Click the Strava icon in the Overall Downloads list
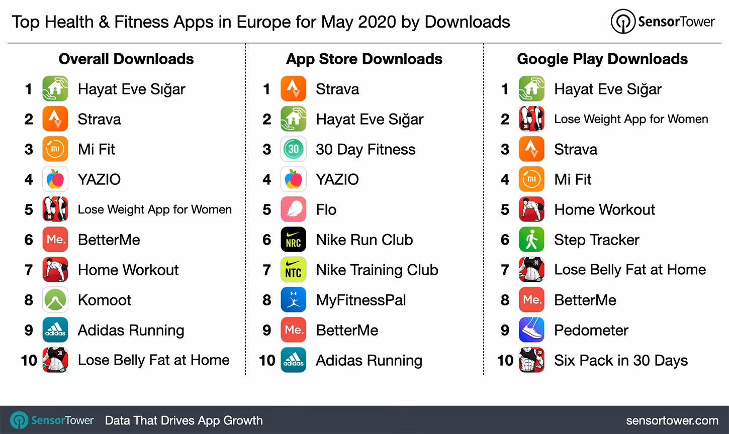pyautogui.click(x=55, y=119)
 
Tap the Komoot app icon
pyautogui.click(x=55, y=300)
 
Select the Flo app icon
pyautogui.click(x=293, y=209)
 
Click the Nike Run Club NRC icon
pyautogui.click(x=293, y=240)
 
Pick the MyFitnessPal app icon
pyautogui.click(x=293, y=300)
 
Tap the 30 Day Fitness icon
pyautogui.click(x=293, y=149)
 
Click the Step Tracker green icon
pyautogui.click(x=531, y=240)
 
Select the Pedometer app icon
pyautogui.click(x=531, y=330)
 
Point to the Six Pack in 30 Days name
pyautogui.click(x=620, y=360)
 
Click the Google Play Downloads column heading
pyautogui.click(x=602, y=59)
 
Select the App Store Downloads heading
pyautogui.click(x=364, y=59)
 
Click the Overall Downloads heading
pyautogui.click(x=126, y=59)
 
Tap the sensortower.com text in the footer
pyautogui.click(x=672, y=420)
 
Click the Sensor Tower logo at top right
pyautogui.click(x=663, y=22)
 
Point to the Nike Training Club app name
pyautogui.click(x=377, y=270)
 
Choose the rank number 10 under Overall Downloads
pyautogui.click(x=29, y=360)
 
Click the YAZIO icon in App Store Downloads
pyautogui.click(x=293, y=179)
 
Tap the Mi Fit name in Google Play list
pyautogui.click(x=573, y=179)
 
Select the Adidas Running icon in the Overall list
pyautogui.click(x=55, y=330)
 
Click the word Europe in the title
pyautogui.click(x=264, y=22)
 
